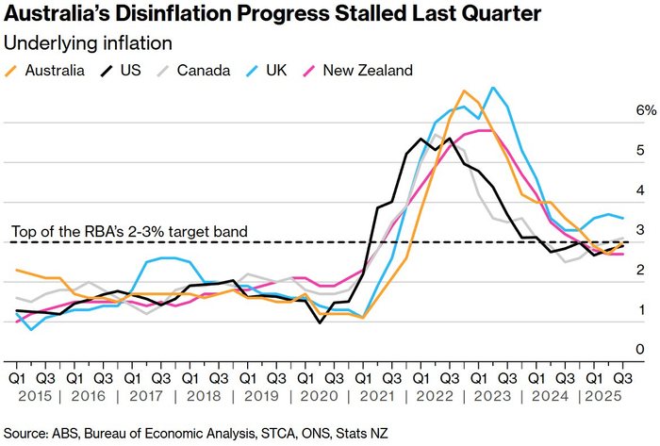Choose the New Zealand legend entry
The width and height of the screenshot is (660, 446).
[x=362, y=71]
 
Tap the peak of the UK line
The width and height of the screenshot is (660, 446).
[x=492, y=88]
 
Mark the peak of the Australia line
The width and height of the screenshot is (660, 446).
[x=464, y=91]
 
